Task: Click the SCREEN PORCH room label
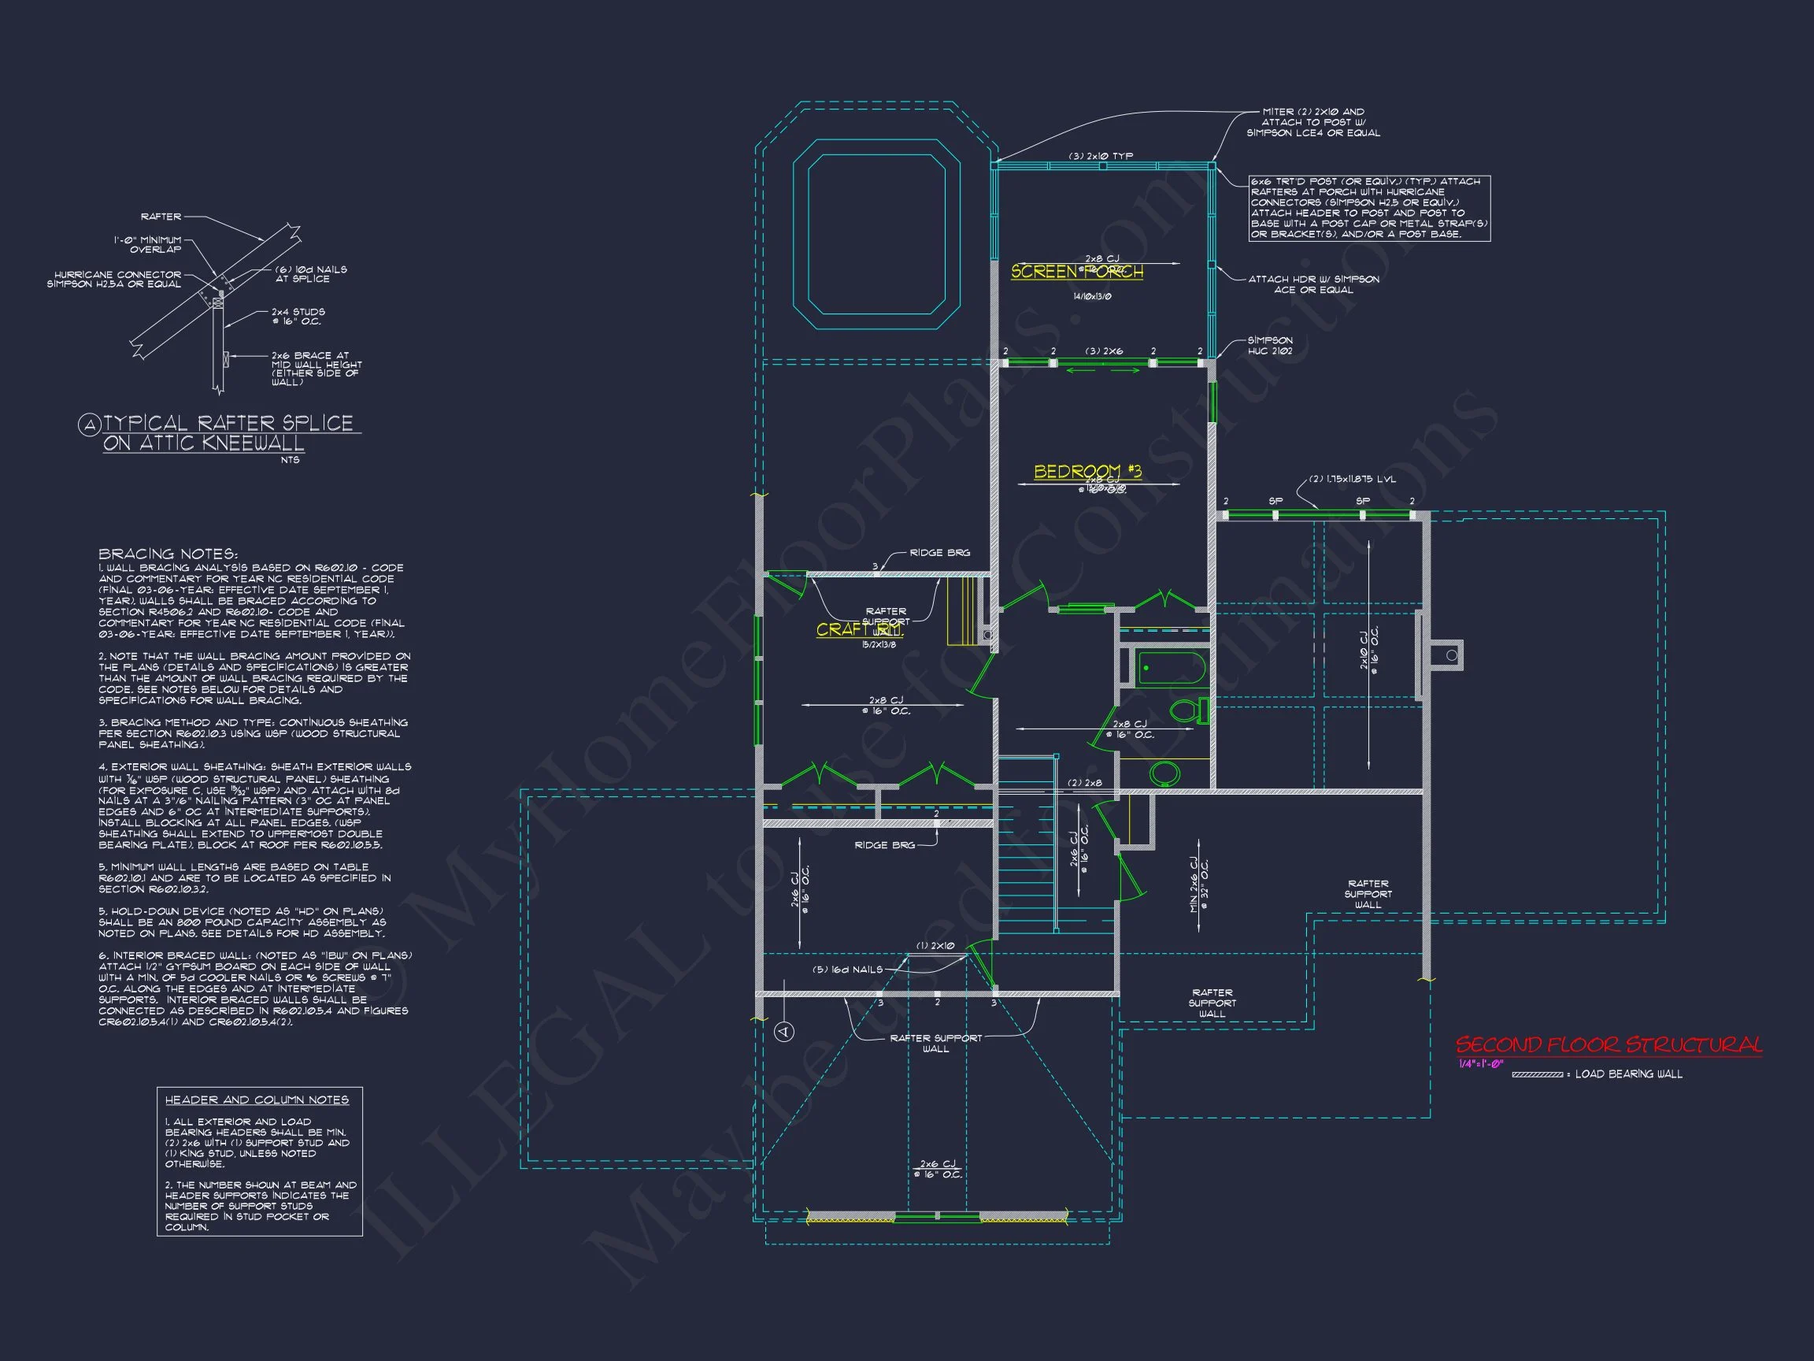[1076, 272]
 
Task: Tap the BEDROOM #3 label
[1087, 471]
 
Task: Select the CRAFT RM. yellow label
[859, 629]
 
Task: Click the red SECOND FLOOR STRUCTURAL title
[1609, 1044]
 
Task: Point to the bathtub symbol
[1170, 668]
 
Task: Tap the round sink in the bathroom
[1164, 772]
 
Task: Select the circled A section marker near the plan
[784, 1031]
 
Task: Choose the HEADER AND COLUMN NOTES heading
[257, 1100]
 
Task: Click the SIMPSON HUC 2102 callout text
[1270, 346]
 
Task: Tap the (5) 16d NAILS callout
[847, 969]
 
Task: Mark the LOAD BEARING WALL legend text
[1628, 1074]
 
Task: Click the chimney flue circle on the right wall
[1452, 655]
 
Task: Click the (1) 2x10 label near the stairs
[935, 946]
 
